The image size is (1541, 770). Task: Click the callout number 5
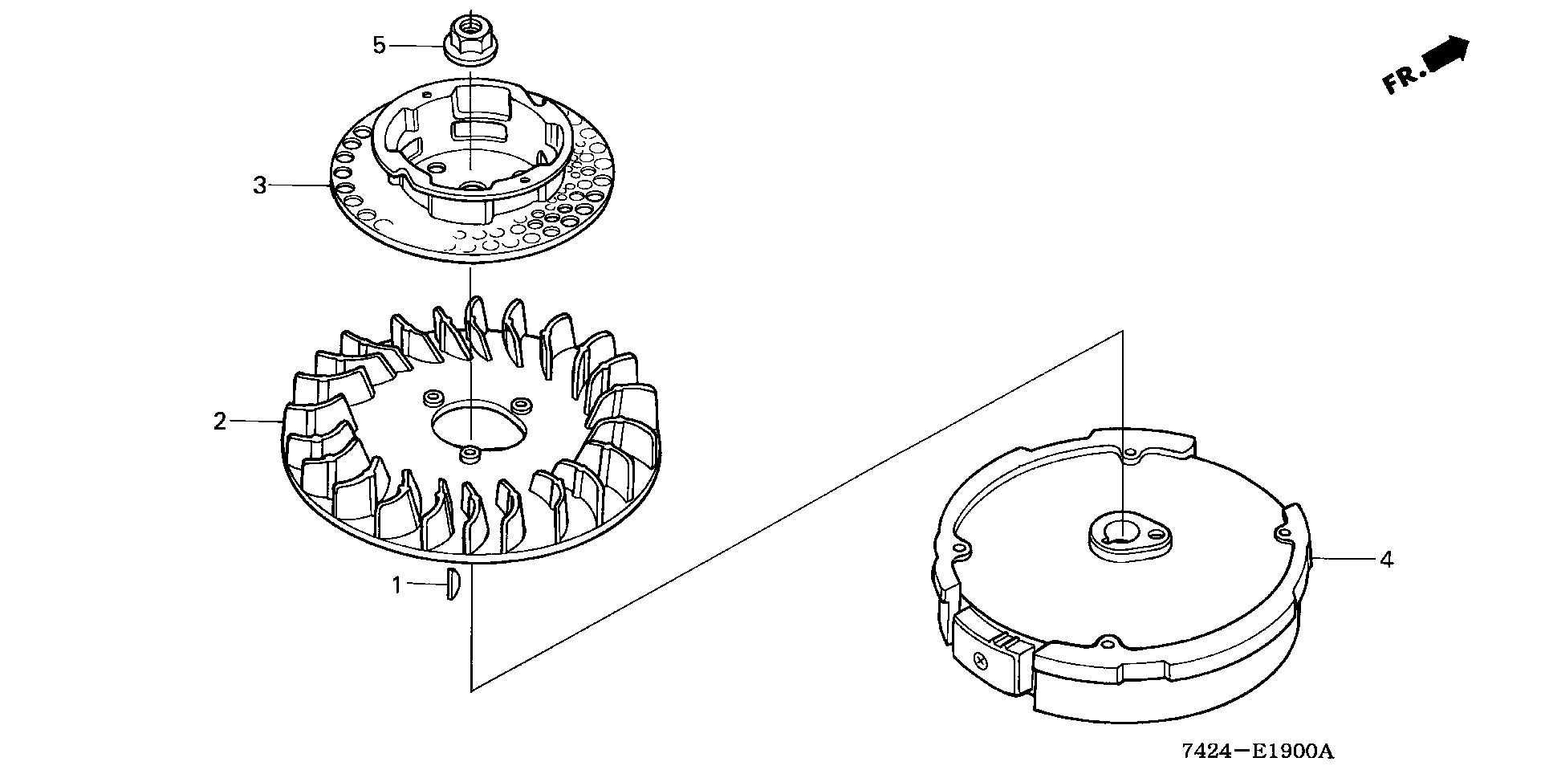[380, 45]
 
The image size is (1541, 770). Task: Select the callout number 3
[259, 185]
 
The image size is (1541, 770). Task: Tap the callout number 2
[220, 421]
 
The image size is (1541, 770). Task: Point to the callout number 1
[396, 585]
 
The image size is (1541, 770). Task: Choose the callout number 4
[1386, 559]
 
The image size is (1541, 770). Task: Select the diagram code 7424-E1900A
[1257, 752]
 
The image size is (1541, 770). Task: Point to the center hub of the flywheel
[1122, 538]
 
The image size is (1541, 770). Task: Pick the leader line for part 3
[301, 185]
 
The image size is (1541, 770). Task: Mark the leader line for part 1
[425, 584]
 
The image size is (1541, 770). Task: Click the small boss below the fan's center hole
[469, 455]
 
